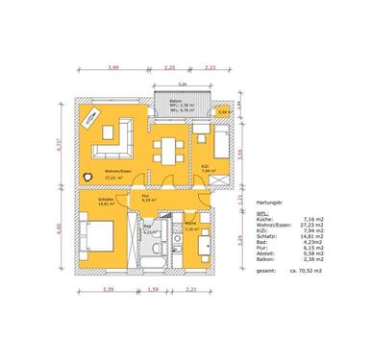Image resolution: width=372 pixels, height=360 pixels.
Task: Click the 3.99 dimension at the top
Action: tap(114, 68)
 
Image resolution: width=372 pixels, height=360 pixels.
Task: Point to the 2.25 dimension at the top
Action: tap(170, 68)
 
